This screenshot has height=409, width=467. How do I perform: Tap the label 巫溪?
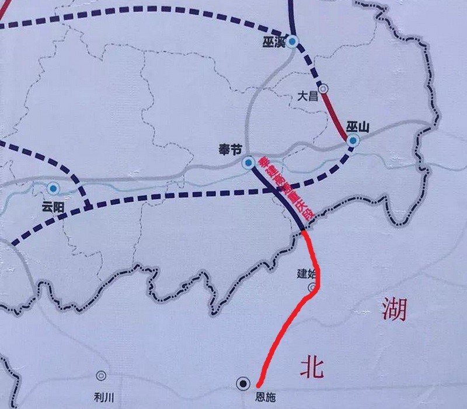(273, 40)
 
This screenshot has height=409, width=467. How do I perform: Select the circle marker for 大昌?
(323, 89)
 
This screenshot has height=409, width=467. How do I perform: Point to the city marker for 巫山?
(353, 141)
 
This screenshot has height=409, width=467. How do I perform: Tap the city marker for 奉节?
(248, 162)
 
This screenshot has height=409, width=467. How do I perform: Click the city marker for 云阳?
(54, 188)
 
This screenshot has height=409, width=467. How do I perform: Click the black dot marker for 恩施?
(242, 383)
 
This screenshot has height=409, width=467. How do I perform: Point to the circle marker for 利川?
(102, 376)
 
